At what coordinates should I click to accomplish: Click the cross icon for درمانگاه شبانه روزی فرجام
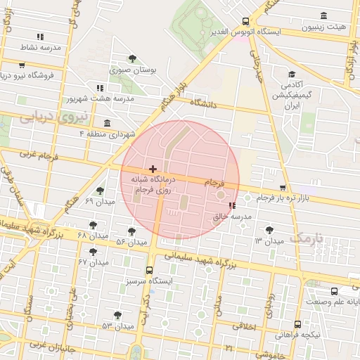(x=153, y=169)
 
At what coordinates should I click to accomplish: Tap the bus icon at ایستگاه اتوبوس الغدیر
(x=245, y=21)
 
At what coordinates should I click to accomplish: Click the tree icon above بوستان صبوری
(x=132, y=59)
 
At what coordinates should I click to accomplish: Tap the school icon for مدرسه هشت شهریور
(x=100, y=88)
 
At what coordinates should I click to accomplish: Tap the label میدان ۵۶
(x=131, y=242)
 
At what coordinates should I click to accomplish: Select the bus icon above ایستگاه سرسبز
(x=149, y=270)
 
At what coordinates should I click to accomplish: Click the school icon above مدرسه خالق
(x=233, y=206)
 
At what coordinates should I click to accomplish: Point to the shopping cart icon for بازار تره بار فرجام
(x=283, y=188)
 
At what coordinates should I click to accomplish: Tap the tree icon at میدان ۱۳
(x=269, y=230)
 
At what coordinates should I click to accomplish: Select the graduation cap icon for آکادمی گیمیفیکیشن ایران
(x=291, y=75)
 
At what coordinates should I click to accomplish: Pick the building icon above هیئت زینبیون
(x=323, y=16)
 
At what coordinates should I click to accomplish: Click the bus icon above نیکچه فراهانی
(x=298, y=324)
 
